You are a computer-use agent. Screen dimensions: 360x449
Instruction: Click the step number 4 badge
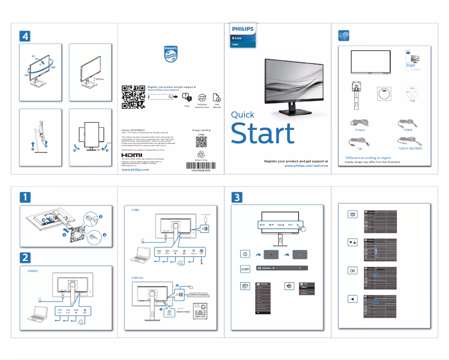point(26,35)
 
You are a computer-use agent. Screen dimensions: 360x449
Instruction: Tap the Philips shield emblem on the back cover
point(171,55)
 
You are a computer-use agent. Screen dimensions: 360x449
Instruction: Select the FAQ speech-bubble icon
point(186,97)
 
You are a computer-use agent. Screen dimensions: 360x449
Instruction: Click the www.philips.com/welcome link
point(306,166)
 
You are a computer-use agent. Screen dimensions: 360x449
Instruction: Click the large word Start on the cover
point(263,134)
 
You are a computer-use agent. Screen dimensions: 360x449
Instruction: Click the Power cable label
point(360,129)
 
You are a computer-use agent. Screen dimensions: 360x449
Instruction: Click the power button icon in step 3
point(245,254)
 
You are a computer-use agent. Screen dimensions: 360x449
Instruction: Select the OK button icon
point(352,270)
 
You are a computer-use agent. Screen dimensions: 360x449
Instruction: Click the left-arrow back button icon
point(352,298)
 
